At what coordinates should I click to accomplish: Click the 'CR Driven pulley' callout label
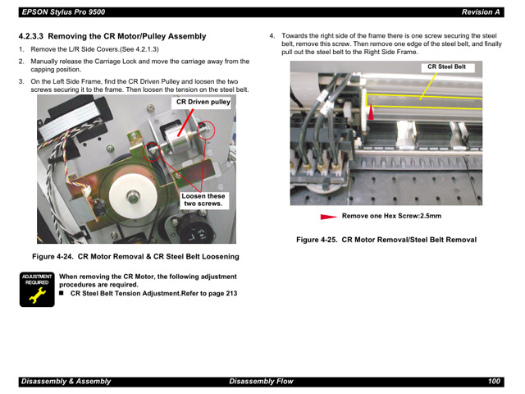[203, 103]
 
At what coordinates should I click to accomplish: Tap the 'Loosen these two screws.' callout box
[203, 200]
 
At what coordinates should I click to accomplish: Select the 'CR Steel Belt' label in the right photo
[446, 67]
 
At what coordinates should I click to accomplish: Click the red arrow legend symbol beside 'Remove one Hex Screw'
[328, 217]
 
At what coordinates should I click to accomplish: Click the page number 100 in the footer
[493, 382]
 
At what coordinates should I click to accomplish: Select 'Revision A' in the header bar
[481, 12]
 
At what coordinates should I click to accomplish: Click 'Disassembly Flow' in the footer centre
[260, 382]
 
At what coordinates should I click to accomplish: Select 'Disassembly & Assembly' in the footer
[66, 382]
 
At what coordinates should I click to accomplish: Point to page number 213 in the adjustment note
[231, 293]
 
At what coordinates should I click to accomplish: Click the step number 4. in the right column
[272, 37]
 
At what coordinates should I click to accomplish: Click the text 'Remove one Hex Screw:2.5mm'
[391, 217]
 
